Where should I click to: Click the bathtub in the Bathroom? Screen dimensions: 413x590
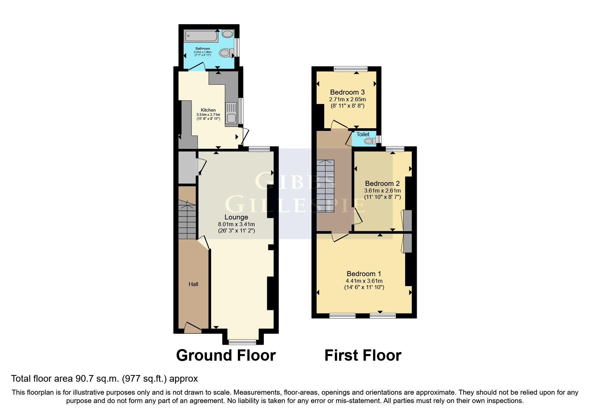pos(201,36)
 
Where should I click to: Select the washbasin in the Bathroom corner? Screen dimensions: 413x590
pos(228,34)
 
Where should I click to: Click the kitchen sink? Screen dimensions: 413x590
pos(231,113)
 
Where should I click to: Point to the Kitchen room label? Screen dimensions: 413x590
pos(208,110)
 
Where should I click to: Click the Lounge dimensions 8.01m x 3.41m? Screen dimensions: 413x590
pos(236,224)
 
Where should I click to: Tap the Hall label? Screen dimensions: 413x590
pos(193,284)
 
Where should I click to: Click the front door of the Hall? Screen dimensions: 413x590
pos(193,329)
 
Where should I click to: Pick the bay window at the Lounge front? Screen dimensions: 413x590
pos(243,341)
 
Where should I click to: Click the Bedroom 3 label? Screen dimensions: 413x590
pos(347,92)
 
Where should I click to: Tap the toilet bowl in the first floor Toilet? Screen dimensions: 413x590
pos(368,141)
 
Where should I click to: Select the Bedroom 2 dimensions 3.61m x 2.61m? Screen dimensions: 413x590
pos(382,191)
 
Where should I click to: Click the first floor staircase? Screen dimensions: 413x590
pos(325,187)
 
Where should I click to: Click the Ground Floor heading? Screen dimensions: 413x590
pos(226,355)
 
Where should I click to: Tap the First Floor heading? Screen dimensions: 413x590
pos(362,355)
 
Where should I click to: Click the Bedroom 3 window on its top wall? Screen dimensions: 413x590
pos(350,69)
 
